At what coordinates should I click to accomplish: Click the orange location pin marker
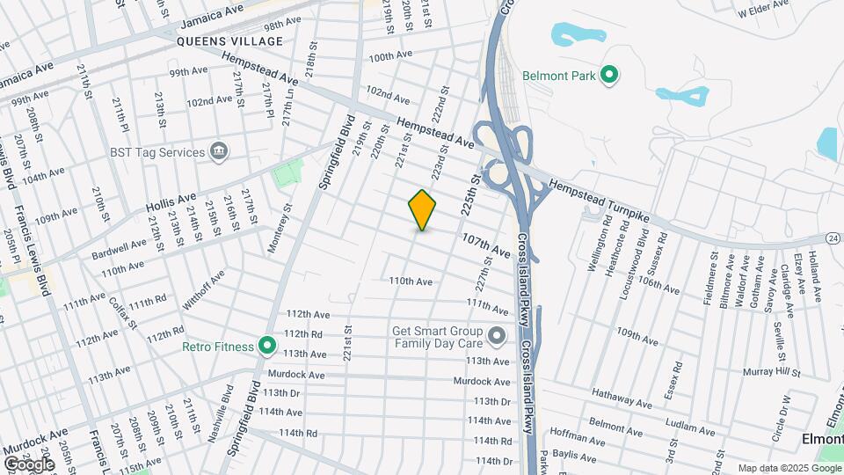click(423, 209)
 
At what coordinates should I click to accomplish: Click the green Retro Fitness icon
click(267, 346)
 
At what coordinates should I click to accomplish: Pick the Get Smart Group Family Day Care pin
click(497, 335)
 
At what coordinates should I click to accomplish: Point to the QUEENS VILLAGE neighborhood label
click(229, 41)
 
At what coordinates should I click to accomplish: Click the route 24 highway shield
click(832, 237)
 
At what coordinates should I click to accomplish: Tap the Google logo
click(29, 464)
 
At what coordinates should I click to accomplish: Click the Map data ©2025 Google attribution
click(787, 468)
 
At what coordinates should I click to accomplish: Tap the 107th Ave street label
click(486, 245)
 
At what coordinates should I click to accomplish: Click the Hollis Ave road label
click(171, 203)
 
